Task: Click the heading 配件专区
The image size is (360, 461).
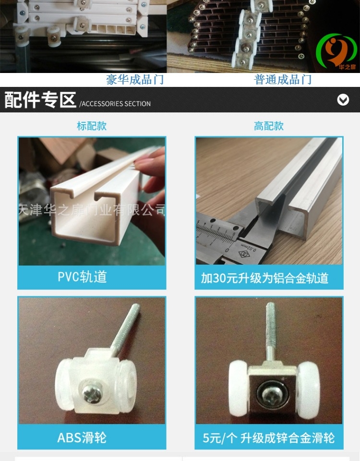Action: (40, 100)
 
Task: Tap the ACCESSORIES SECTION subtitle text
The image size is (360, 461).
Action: (115, 104)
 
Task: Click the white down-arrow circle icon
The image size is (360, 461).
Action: (343, 100)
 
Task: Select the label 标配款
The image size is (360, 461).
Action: (92, 126)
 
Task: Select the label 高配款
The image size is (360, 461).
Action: (269, 126)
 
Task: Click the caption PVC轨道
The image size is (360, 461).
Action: (82, 277)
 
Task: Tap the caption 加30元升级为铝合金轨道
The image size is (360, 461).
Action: (264, 278)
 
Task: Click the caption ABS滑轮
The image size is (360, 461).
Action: (82, 437)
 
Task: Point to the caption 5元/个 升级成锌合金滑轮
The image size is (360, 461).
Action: (269, 438)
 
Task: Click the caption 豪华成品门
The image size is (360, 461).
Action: (135, 80)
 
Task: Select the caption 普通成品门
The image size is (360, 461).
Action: (283, 80)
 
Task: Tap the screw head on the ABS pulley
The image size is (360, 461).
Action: (92, 394)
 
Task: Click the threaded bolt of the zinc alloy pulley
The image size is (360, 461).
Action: (271, 332)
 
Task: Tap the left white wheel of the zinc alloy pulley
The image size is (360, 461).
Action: (238, 388)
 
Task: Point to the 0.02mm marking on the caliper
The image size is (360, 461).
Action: (249, 248)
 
